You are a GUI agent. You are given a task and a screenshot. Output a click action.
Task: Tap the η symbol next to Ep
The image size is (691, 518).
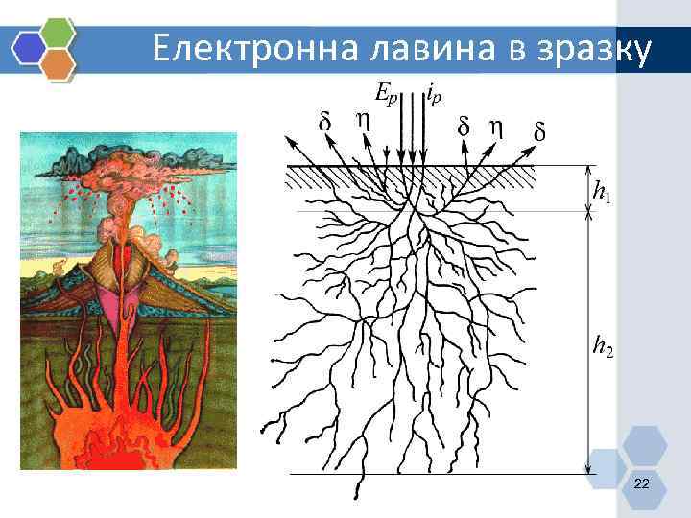[362, 120]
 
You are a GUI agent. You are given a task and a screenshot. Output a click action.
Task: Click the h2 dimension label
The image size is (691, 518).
[603, 345]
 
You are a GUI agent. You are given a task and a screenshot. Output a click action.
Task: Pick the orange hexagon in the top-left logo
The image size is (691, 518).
[60, 64]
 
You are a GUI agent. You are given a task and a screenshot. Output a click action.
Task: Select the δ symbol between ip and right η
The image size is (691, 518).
[465, 126]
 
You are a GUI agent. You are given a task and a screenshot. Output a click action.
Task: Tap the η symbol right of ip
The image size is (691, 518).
[495, 126]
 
